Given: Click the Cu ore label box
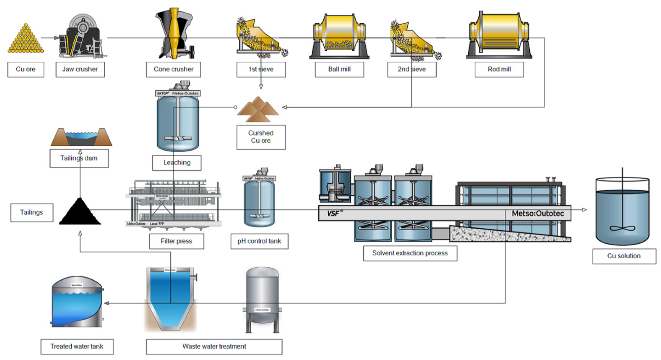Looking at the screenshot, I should pos(26,70).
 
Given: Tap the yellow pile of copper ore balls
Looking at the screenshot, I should pos(25,40).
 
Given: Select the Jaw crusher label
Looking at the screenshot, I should pos(80,70).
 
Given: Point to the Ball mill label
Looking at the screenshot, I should pos(339,70).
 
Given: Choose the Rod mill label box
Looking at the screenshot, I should pos(499,70).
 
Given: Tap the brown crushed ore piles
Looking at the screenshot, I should pos(258,110).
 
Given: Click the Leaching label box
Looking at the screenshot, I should pos(177,163).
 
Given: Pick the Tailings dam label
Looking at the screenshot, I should pos(79,158).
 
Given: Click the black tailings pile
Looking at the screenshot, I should pos(80,213).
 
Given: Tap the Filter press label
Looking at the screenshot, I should pos(176,241).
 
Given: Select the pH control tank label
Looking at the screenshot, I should pos(259,241).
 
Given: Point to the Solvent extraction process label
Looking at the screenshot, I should pos(410,253).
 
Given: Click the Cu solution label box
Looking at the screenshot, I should pos(624,256).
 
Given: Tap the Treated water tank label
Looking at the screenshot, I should pos(77,347).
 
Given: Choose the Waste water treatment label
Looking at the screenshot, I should pos(214,347).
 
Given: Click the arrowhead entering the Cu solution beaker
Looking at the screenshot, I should pos(584,210).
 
